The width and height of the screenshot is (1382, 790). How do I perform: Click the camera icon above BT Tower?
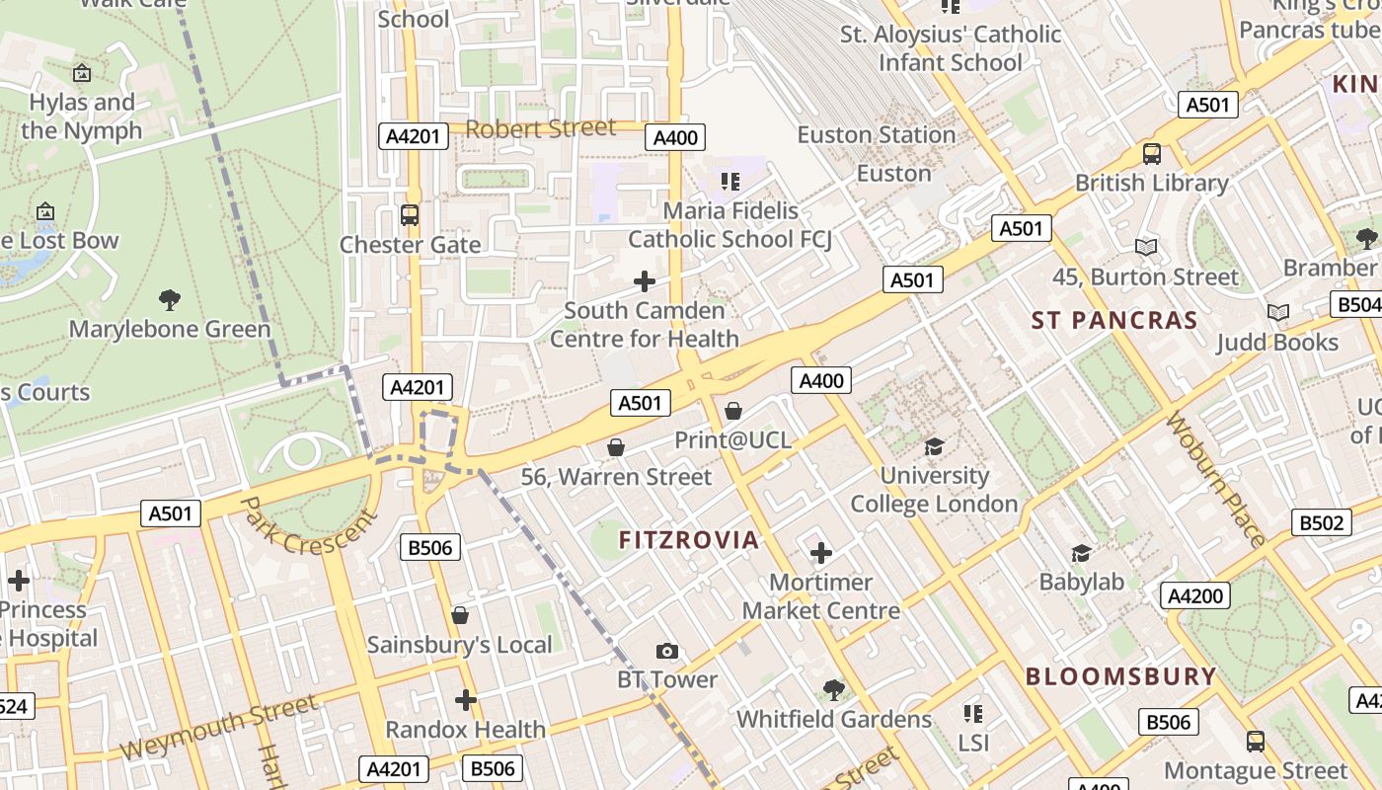point(667,651)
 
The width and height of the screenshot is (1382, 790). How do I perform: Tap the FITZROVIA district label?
point(689,540)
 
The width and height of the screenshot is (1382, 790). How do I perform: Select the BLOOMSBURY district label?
point(1120,676)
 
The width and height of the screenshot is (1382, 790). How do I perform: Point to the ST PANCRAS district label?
point(1114,320)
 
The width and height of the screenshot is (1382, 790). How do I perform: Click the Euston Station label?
point(877,134)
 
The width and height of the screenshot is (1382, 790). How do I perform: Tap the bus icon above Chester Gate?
point(410,214)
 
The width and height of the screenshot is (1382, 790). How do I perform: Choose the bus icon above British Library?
point(1151,153)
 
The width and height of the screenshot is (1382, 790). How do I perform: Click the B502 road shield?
point(1321,522)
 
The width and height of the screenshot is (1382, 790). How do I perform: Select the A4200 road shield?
point(1195,595)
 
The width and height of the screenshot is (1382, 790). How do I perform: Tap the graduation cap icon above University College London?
point(934,446)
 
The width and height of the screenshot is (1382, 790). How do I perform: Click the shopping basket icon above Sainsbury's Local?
point(460,616)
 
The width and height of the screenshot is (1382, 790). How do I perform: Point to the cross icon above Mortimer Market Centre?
point(820,553)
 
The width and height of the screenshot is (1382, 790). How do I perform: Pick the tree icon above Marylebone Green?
point(170,299)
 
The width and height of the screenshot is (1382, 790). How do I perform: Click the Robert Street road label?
point(540,128)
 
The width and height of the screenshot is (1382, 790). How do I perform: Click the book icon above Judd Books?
point(1277,313)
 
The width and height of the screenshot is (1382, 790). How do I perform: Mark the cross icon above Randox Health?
point(465,700)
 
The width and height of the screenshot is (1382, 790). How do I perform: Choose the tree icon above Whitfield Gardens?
point(834,689)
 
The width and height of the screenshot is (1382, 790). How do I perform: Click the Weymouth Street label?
point(219,727)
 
